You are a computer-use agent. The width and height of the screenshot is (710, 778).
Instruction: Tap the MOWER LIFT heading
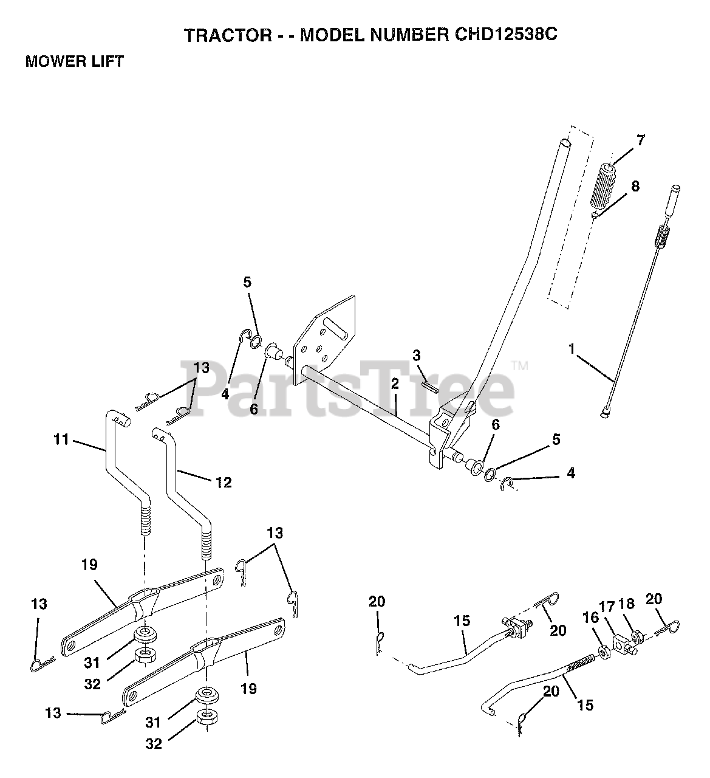point(74,61)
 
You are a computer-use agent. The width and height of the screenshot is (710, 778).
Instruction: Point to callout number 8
point(635,186)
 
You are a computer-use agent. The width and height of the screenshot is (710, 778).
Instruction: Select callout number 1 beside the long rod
point(571,349)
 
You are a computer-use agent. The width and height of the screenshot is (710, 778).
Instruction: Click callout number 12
point(223,482)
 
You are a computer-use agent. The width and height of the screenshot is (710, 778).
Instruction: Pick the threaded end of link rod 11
point(145,522)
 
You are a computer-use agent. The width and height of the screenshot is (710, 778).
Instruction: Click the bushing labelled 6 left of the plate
point(273,351)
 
